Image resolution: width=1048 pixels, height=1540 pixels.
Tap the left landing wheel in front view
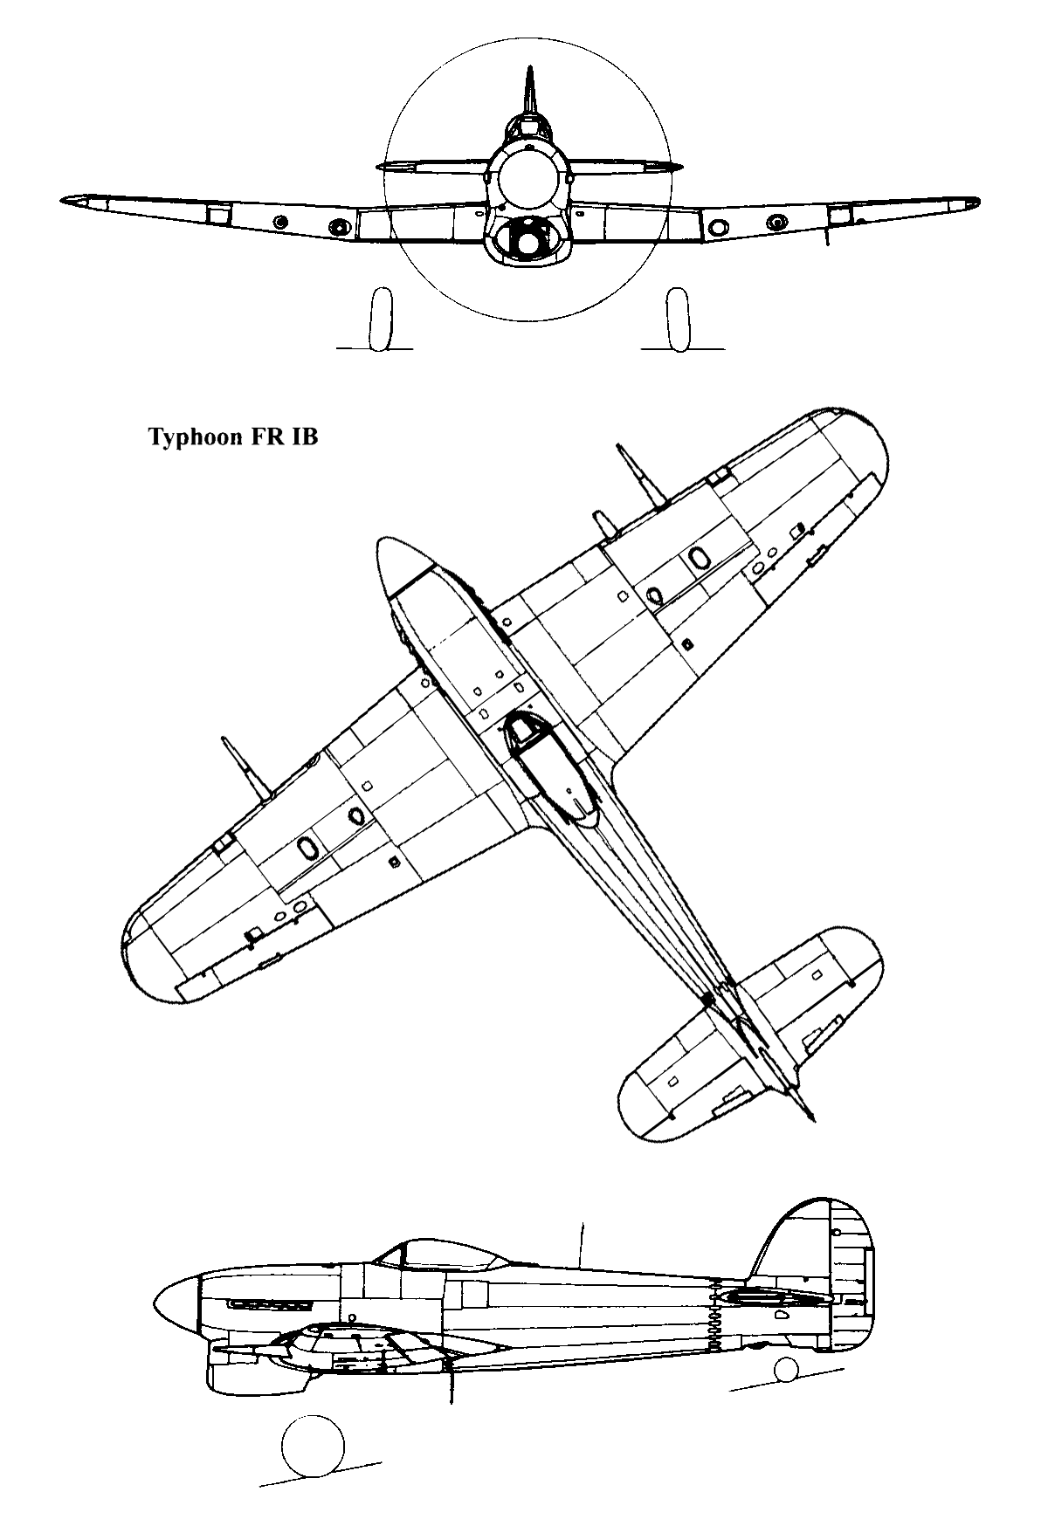[379, 320]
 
